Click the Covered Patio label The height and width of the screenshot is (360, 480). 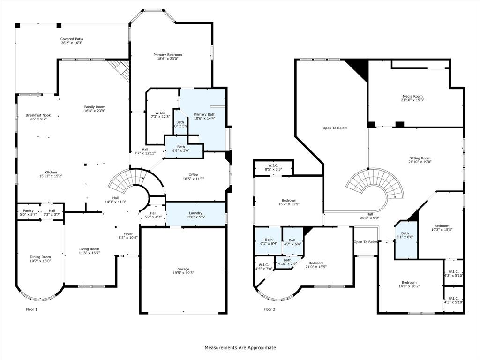[x=72, y=39]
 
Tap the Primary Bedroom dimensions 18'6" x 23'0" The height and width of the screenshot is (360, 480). [x=167, y=59]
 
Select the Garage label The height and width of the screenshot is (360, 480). [x=183, y=269]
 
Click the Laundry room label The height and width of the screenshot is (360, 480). [x=195, y=213]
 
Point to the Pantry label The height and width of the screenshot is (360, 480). [x=28, y=211]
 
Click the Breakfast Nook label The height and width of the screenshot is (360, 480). [x=38, y=115]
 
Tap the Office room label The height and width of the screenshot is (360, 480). [x=194, y=175]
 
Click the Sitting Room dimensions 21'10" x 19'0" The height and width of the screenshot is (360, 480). [x=420, y=162]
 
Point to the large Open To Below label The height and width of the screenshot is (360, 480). [x=335, y=127]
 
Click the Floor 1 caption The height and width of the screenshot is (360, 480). [x=31, y=309]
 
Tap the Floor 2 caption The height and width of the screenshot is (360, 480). [x=270, y=309]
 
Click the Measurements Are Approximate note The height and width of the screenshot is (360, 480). [x=240, y=348]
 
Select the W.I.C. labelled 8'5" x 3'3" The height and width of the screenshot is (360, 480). [x=274, y=169]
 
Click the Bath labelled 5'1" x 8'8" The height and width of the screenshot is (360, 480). [x=405, y=237]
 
